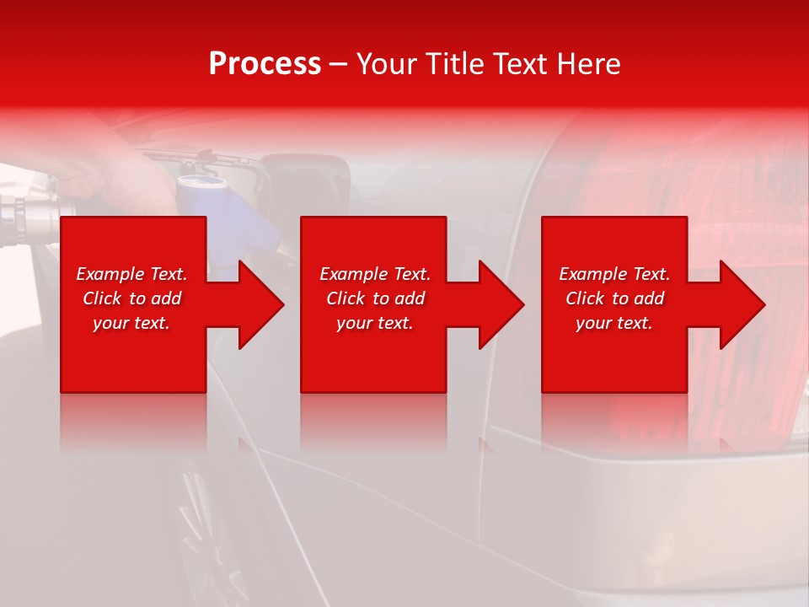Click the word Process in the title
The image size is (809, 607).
tap(265, 64)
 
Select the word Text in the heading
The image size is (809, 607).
tap(521, 64)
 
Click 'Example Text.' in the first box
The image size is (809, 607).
tap(131, 274)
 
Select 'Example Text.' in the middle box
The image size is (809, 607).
tap(375, 274)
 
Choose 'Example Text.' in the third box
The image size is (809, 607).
tap(614, 274)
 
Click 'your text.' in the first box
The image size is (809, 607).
tap(131, 323)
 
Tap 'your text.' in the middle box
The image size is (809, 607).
tap(375, 323)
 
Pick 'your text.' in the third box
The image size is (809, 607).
tap(614, 323)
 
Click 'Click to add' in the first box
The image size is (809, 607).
tap(131, 298)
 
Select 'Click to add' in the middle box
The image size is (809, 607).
tap(375, 298)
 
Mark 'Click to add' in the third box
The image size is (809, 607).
tap(614, 298)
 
